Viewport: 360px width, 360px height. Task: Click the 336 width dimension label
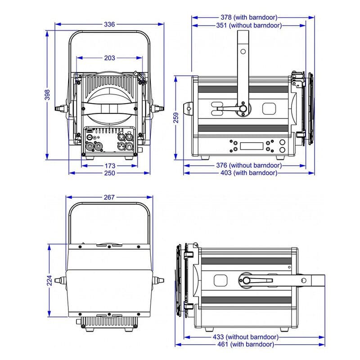click(109, 24)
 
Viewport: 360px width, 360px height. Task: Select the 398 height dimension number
click(47, 95)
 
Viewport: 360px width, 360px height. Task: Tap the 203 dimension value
click(109, 58)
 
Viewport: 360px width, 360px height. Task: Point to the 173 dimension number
click(110, 166)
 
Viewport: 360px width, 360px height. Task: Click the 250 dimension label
click(109, 173)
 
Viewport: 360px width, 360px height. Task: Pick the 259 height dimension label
click(176, 118)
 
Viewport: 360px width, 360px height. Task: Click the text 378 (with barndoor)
click(249, 18)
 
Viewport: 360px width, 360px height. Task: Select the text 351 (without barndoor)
click(249, 26)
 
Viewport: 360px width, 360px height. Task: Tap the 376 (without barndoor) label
click(249, 165)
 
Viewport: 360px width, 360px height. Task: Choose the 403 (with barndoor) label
click(249, 173)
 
